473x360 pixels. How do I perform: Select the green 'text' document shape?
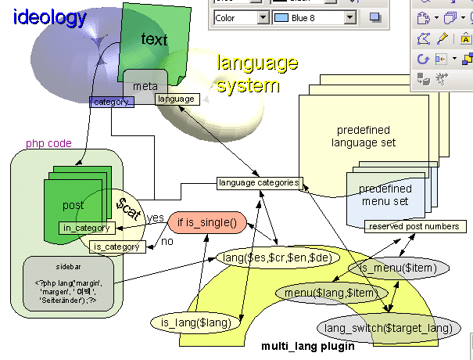154,39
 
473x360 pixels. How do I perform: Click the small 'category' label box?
113,102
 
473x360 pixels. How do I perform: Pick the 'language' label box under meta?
175,99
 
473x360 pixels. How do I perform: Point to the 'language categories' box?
259,183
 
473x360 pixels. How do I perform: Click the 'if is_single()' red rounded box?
207,222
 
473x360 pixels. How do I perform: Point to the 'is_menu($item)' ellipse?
392,268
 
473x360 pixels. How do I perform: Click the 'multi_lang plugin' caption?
307,345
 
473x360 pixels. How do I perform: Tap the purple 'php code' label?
48,144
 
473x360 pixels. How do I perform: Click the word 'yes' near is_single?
156,218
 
